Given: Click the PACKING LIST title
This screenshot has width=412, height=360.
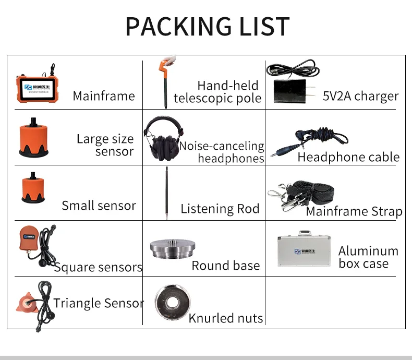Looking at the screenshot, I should pyautogui.click(x=207, y=26).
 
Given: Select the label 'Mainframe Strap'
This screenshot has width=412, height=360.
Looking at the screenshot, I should pyautogui.click(x=354, y=211).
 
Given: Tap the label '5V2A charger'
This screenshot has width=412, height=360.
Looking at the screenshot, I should pyautogui.click(x=360, y=96).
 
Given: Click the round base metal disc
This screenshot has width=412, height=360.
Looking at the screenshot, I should pyautogui.click(x=169, y=249).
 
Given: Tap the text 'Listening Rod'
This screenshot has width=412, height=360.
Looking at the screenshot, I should pyautogui.click(x=220, y=209).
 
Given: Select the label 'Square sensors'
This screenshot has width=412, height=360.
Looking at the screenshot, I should pyautogui.click(x=98, y=268).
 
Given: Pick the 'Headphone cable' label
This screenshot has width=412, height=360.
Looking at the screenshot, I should pyautogui.click(x=348, y=157).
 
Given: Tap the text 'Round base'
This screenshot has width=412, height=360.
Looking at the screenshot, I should pyautogui.click(x=225, y=266).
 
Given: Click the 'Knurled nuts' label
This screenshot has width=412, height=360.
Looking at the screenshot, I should pyautogui.click(x=226, y=318).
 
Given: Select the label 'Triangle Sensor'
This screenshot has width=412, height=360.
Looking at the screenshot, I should pyautogui.click(x=99, y=303).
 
